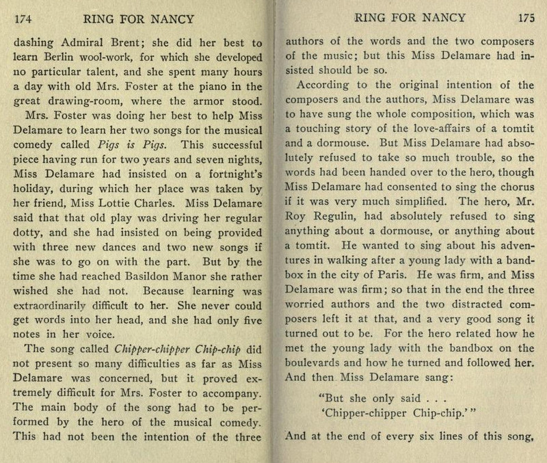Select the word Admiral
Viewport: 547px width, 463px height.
82,40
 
